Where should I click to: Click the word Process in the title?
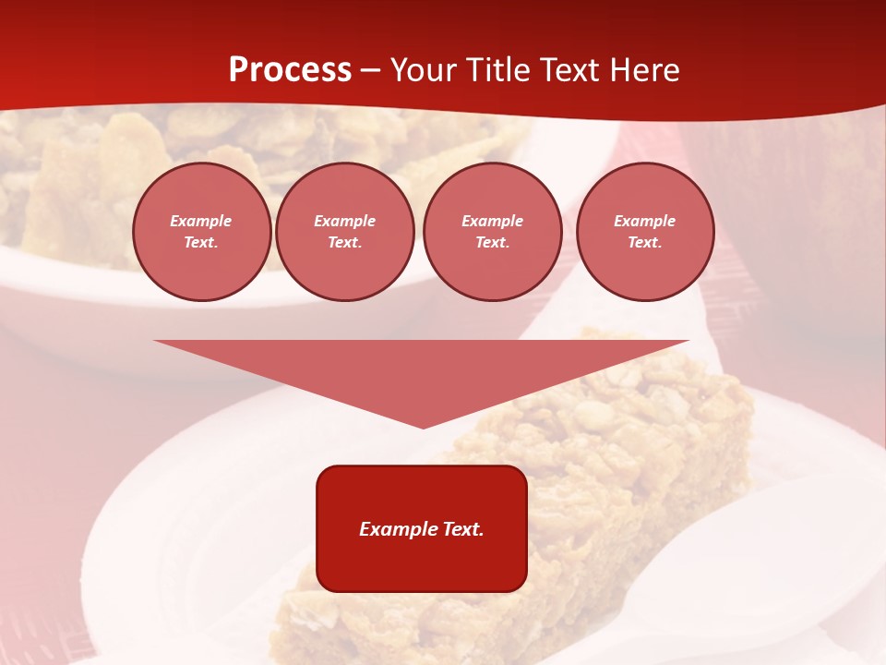point(290,70)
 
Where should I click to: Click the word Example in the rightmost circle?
point(645,221)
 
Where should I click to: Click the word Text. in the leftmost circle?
point(201,243)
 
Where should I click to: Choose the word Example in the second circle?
point(345,221)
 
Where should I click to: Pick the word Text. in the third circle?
point(493,243)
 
